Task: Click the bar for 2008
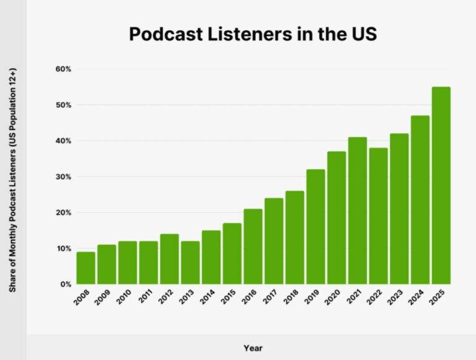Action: [86, 268]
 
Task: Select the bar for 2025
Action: [441, 186]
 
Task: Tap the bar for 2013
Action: [190, 263]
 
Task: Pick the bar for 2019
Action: [315, 227]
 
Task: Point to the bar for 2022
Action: [378, 216]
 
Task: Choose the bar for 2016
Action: [253, 247]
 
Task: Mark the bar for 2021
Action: [357, 211]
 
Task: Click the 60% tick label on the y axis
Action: [63, 69]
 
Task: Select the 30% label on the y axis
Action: [63, 177]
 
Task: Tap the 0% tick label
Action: [65, 284]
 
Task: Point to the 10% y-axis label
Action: [63, 248]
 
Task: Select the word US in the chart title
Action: [363, 34]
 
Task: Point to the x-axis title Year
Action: [252, 348]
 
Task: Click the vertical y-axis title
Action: [13, 180]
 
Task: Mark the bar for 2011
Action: [148, 263]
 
